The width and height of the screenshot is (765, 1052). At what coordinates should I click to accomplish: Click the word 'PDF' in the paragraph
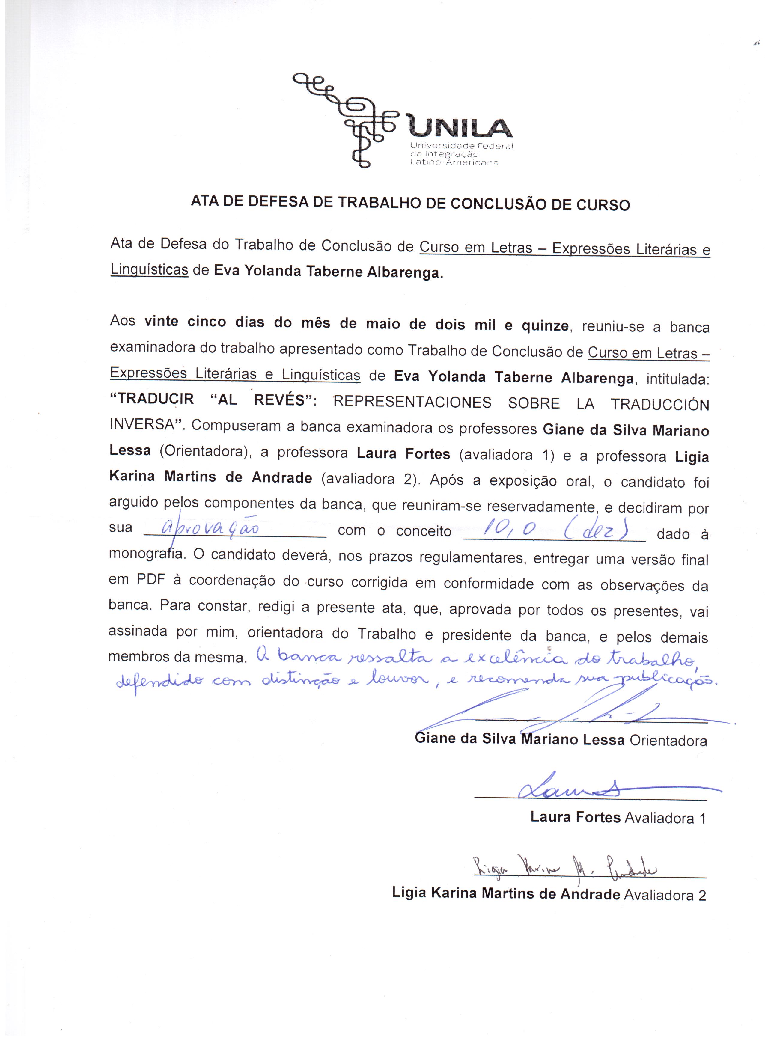tap(151, 580)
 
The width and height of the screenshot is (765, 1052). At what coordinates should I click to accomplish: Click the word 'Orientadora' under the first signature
tap(668, 740)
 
